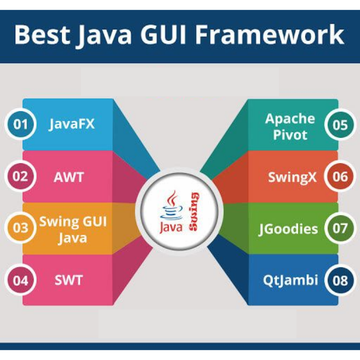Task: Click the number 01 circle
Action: [20, 125]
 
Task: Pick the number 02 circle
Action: [20, 176]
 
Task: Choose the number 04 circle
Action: [20, 281]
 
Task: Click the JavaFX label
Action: [72, 124]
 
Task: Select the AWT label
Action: [68, 177]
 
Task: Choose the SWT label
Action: [68, 281]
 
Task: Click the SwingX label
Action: [292, 177]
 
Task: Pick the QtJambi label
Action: [290, 281]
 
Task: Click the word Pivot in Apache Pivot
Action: [290, 135]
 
